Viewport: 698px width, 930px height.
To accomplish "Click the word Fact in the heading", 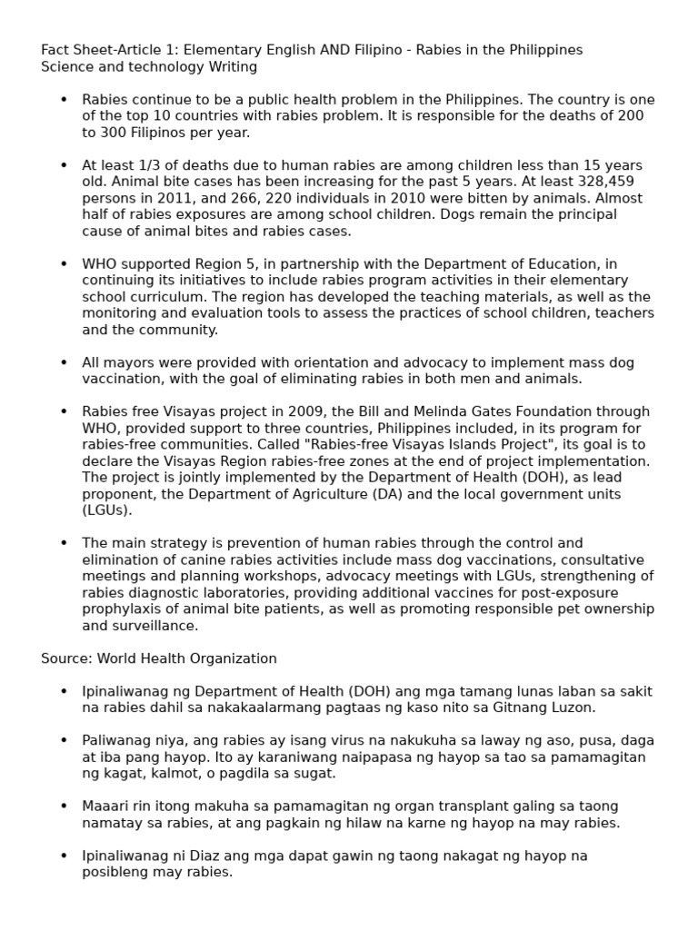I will (x=56, y=50).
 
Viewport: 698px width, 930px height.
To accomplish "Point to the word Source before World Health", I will (x=66, y=658).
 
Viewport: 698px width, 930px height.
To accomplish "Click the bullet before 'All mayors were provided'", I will (x=64, y=362).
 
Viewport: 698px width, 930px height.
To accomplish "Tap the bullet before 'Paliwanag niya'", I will (x=64, y=740).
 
